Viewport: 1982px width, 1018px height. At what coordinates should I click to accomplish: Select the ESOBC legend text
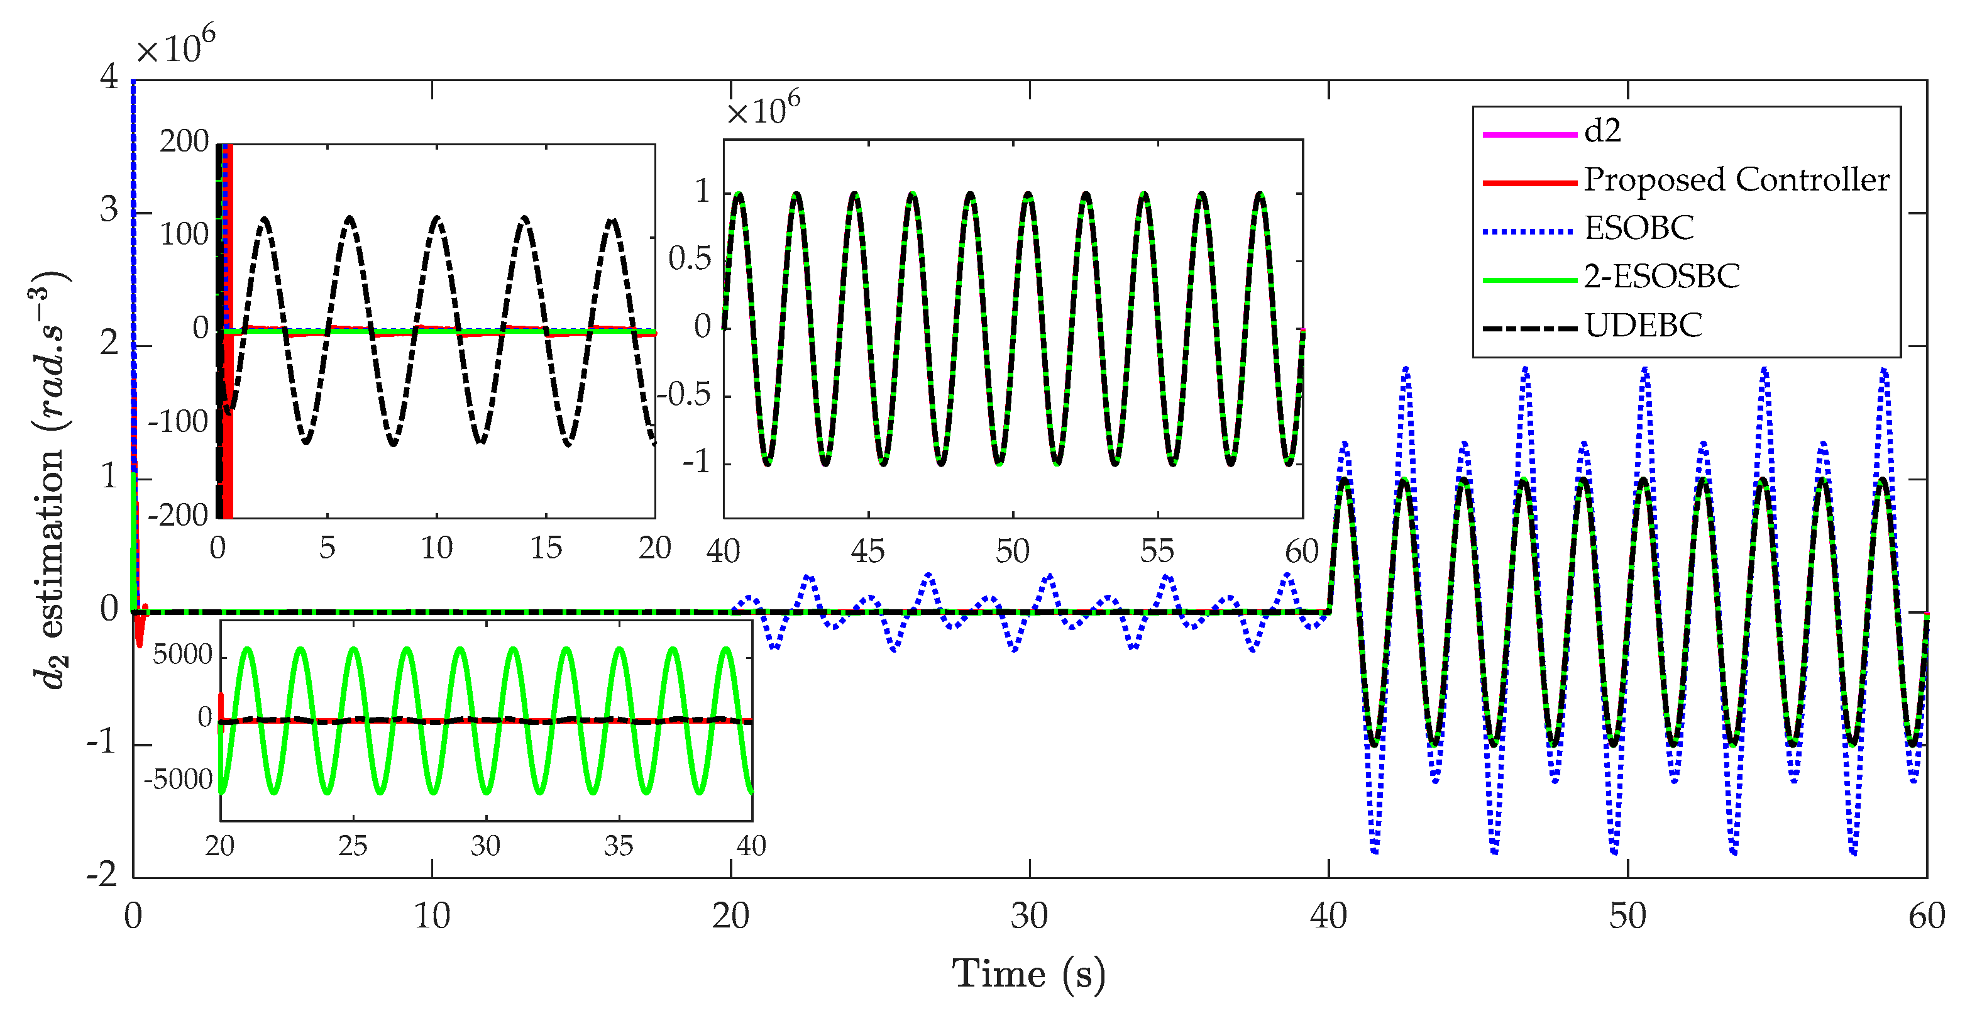click(x=1639, y=228)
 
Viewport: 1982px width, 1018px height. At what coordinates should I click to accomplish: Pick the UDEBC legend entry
click(x=1643, y=326)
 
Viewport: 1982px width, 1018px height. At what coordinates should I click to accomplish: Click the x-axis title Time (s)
click(x=1028, y=975)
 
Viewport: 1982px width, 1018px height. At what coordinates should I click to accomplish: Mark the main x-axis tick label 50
click(x=1627, y=916)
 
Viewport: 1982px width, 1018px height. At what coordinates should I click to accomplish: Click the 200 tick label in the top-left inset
click(x=184, y=141)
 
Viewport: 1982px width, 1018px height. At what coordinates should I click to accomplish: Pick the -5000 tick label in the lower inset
click(x=178, y=780)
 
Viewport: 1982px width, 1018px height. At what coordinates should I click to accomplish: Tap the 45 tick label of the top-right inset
click(x=868, y=551)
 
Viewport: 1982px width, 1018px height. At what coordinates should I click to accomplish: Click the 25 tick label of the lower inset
click(x=353, y=846)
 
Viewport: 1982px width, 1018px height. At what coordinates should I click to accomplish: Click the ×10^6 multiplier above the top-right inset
click(x=763, y=109)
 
